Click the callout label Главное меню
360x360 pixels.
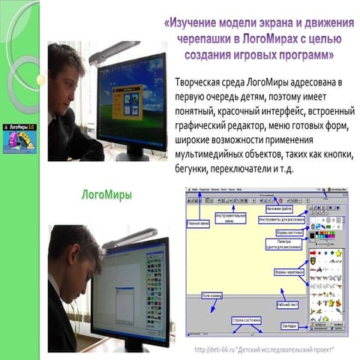(x=198, y=223)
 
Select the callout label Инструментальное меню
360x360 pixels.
(x=230, y=218)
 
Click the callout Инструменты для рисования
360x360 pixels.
(x=282, y=220)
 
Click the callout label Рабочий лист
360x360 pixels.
(x=286, y=305)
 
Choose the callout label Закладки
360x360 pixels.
(x=293, y=326)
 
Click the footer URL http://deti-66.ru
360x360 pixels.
(x=217, y=350)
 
